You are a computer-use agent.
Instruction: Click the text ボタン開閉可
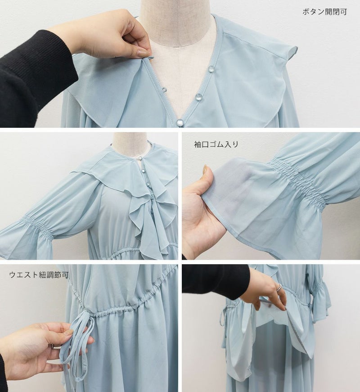(x=324, y=12)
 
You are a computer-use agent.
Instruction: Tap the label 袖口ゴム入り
(x=216, y=144)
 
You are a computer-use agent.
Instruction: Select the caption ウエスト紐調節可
(x=39, y=275)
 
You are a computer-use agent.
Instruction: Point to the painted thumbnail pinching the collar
(x=143, y=53)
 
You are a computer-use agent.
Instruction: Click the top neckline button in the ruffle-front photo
(x=140, y=158)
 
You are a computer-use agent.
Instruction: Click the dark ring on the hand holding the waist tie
(x=53, y=346)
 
